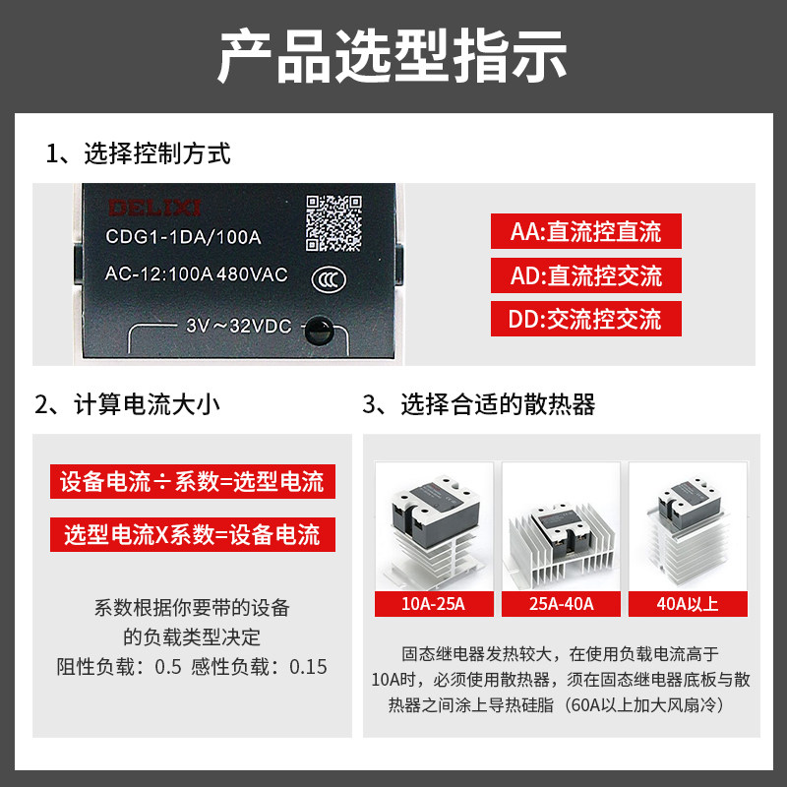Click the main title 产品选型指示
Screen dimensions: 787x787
click(x=393, y=56)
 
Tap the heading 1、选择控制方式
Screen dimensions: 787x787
click(x=138, y=153)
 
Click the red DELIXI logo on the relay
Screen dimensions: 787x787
click(x=154, y=208)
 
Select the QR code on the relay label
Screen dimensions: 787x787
click(x=333, y=223)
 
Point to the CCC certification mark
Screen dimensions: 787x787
click(x=329, y=279)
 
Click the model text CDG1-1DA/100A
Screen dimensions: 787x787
click(x=183, y=237)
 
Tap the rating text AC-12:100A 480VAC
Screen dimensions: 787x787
click(x=196, y=274)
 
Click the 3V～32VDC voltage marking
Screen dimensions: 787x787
click(x=239, y=327)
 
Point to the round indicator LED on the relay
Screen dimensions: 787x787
click(x=319, y=331)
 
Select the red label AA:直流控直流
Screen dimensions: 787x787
click(x=585, y=231)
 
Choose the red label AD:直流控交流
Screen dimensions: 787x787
click(x=585, y=275)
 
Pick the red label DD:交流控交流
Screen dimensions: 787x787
click(x=585, y=319)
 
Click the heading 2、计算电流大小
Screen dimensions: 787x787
click(x=128, y=404)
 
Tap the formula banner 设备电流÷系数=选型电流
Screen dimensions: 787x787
click(x=193, y=481)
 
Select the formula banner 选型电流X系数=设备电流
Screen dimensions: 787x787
click(x=193, y=534)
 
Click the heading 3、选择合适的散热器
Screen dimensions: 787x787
click(x=479, y=404)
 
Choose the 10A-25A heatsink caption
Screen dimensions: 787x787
click(x=434, y=604)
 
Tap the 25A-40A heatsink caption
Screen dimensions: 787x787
click(x=561, y=604)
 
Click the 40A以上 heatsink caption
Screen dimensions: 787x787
click(x=688, y=604)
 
